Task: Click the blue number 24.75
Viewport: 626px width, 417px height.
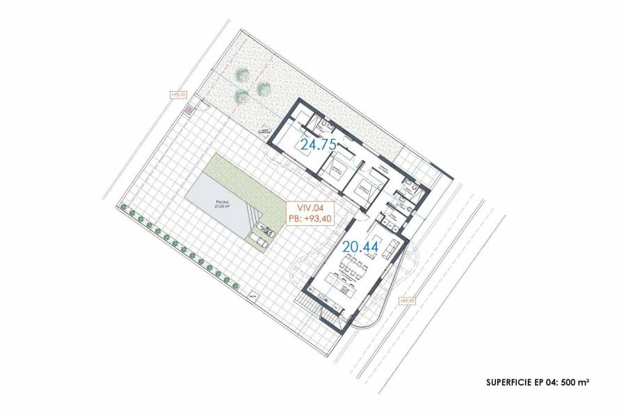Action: (318, 145)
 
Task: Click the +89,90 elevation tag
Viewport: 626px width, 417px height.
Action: (408, 301)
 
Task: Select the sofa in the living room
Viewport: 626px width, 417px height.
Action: (391, 247)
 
